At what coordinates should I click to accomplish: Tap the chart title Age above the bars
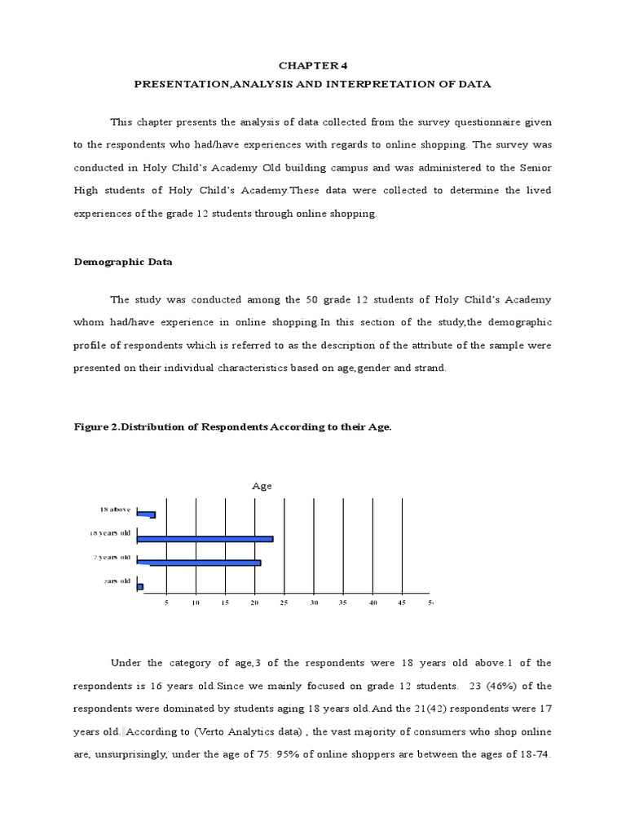(x=262, y=486)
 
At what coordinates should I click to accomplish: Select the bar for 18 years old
(x=205, y=538)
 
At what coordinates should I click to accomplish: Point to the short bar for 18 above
(x=146, y=515)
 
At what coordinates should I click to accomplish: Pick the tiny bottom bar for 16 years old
(x=140, y=586)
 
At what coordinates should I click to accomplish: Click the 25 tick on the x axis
(x=284, y=603)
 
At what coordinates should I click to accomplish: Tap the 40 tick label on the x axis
(x=373, y=603)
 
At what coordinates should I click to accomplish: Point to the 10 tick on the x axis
(x=196, y=603)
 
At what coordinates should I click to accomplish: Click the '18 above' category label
(x=115, y=509)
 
